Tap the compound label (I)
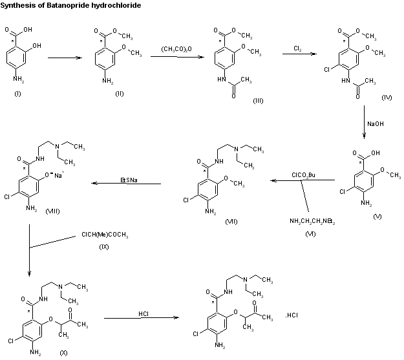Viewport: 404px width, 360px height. (x=17, y=94)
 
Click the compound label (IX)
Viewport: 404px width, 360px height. (x=103, y=246)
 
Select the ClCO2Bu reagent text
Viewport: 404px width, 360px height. (x=304, y=175)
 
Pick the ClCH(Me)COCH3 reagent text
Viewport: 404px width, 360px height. (x=103, y=235)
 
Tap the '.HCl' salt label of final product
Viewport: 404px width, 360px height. (x=292, y=315)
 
